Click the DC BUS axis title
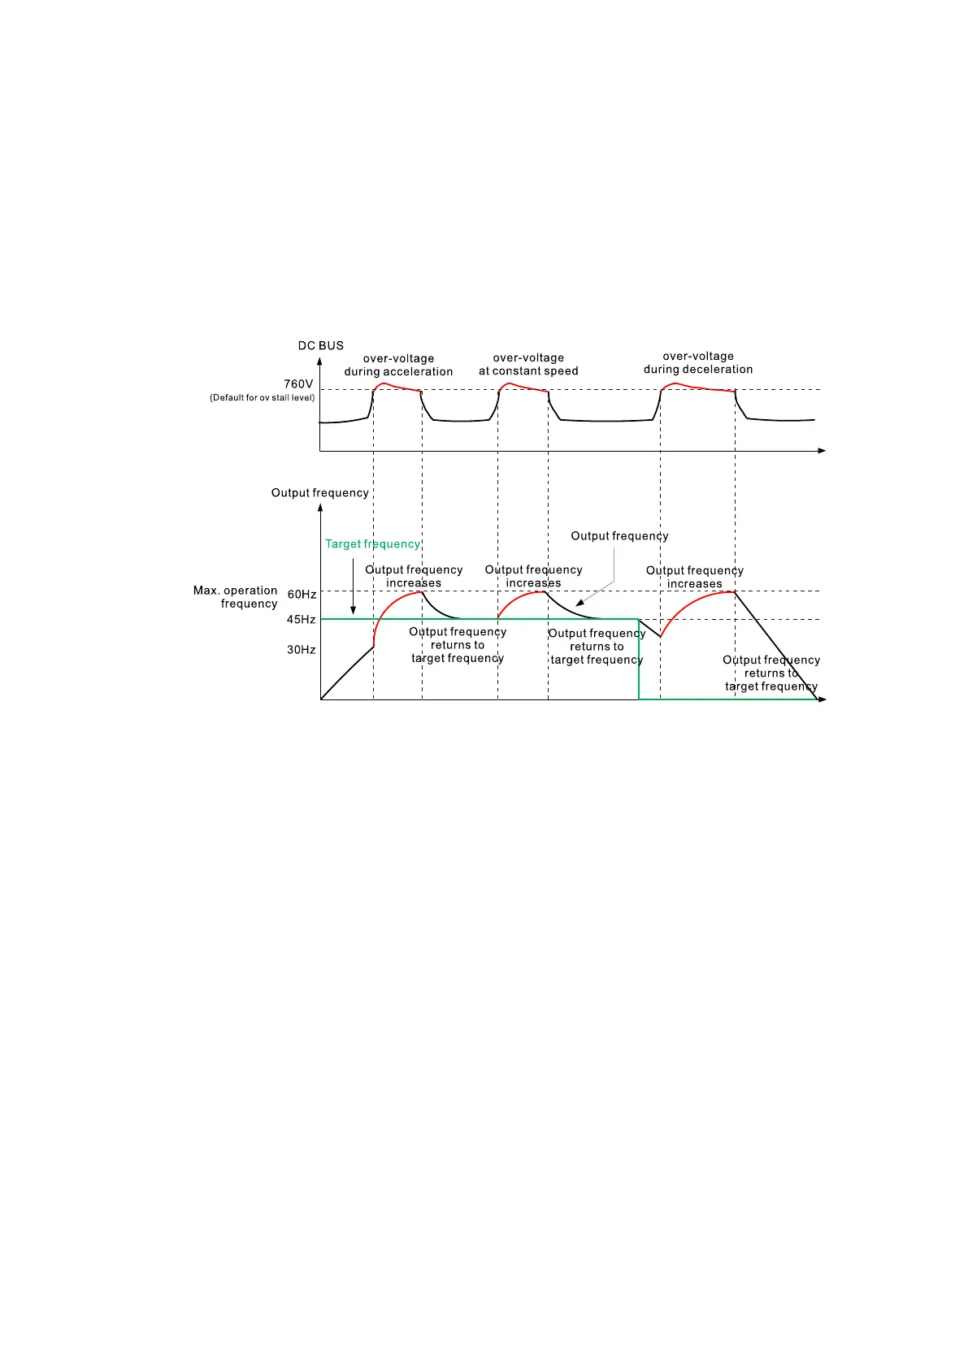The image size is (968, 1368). coord(320,345)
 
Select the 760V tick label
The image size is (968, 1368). coord(298,383)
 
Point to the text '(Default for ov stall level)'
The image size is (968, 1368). coord(262,398)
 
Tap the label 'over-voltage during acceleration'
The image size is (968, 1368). coord(398,365)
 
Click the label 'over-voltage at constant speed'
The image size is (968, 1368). coord(528,364)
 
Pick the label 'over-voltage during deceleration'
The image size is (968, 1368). coord(698,362)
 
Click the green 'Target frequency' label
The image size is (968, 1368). coord(372,544)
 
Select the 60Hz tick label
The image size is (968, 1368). coord(302,595)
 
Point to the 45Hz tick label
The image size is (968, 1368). coord(301,620)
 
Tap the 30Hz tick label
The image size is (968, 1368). coord(301,650)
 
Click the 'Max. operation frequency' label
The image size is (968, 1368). coord(236,597)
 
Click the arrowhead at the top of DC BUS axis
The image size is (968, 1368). coord(319,361)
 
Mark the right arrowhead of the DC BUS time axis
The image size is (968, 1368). coord(822,450)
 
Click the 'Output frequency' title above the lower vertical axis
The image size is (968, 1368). coord(319,493)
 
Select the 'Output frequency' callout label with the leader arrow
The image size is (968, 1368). coord(619,536)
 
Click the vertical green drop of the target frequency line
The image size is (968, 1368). coord(639,660)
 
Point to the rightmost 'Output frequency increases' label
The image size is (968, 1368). coord(695,577)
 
